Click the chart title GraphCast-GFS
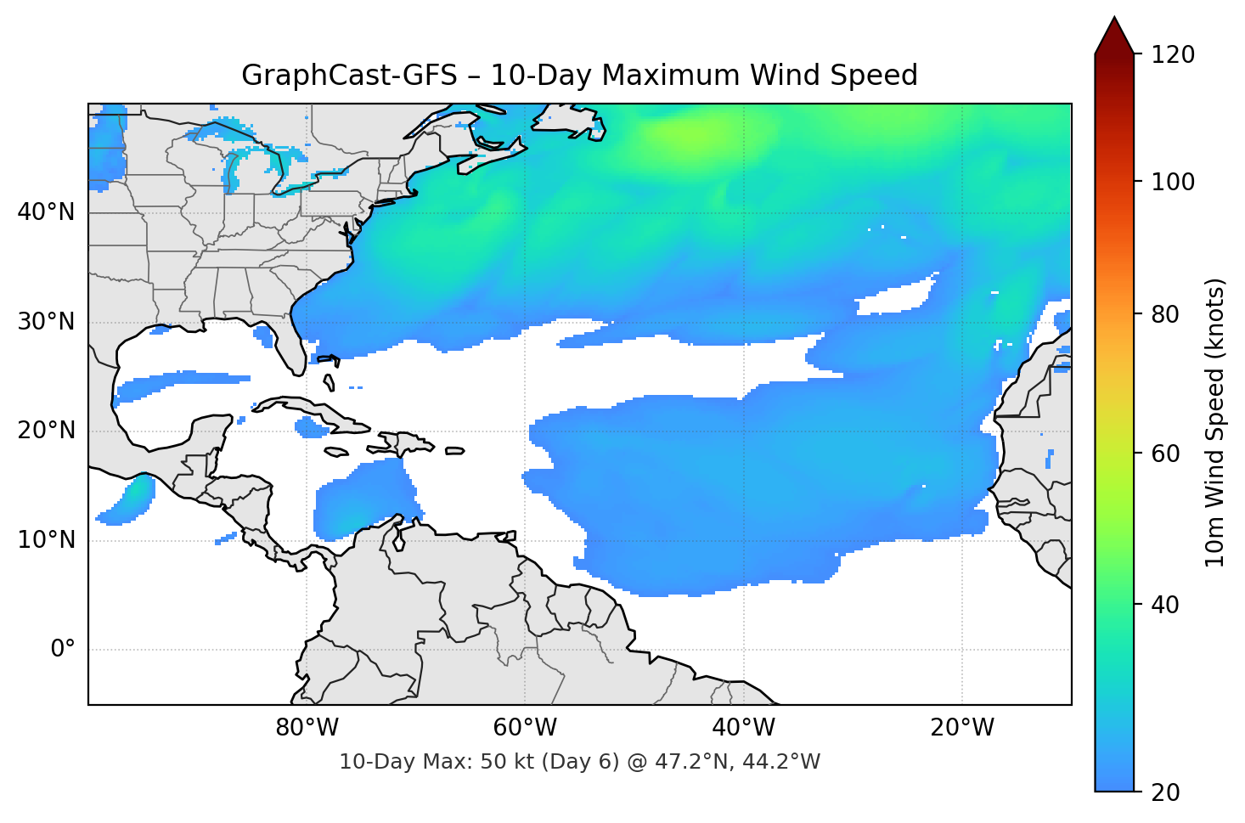point(579,76)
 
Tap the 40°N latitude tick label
point(46,212)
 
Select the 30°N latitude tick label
point(46,322)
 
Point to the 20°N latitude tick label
point(46,431)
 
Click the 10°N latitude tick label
point(46,540)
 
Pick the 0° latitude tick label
point(63,650)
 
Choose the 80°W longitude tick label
point(307,728)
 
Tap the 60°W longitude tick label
point(525,728)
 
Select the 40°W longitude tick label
point(744,728)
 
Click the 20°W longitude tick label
point(962,728)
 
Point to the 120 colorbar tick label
point(1173,54)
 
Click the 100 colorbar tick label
point(1173,182)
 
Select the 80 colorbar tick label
point(1165,314)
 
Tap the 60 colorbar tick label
point(1165,454)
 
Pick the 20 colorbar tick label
point(1165,792)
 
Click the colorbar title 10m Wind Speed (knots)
point(1215,422)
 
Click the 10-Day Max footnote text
point(579,762)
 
